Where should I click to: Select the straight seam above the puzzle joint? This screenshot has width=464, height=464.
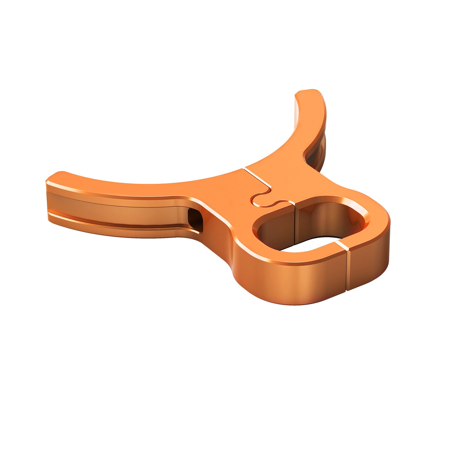tap(257, 175)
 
